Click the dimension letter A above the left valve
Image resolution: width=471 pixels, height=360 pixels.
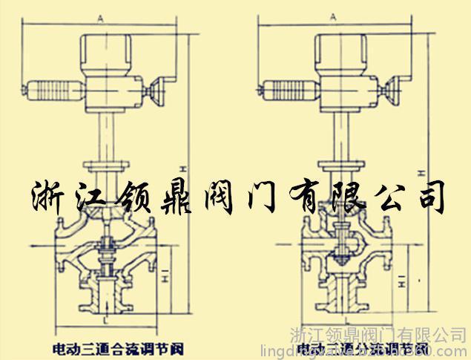coord(102,14)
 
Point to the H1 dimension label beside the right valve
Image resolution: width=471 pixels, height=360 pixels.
coord(400,280)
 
